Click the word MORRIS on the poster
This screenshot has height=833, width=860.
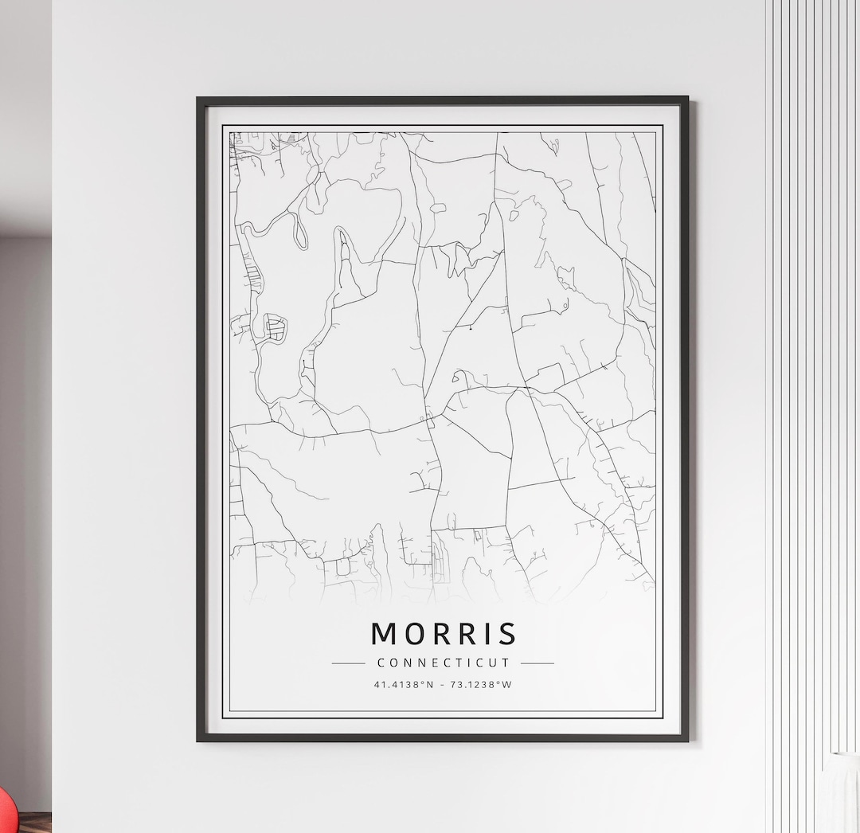tap(444, 634)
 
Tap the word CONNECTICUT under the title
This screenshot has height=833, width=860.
tap(444, 663)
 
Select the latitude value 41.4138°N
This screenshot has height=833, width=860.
tap(404, 684)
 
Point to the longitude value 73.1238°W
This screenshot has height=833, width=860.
tap(483, 684)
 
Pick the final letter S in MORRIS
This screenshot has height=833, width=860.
tap(508, 634)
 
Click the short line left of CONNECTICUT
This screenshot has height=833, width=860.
tap(348, 663)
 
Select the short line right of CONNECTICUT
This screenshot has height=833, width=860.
tap(537, 663)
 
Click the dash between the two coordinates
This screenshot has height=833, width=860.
tap(442, 684)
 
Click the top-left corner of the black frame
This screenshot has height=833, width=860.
tap(199, 100)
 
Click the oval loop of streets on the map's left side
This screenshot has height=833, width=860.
tap(274, 328)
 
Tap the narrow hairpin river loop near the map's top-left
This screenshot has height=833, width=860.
tap(301, 231)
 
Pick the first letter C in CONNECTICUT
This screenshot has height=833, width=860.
tap(381, 663)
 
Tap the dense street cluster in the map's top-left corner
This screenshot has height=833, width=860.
tap(243, 143)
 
